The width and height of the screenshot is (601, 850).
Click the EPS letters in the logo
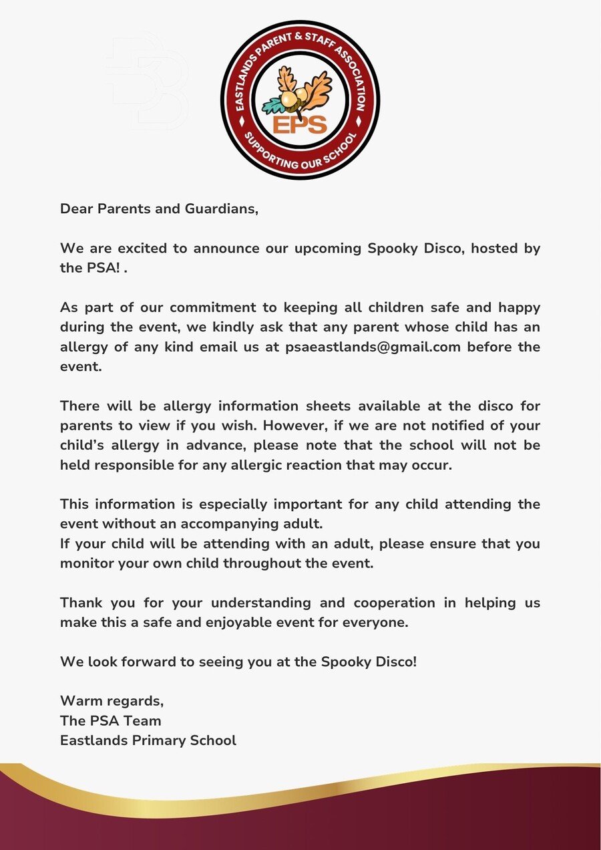(300, 124)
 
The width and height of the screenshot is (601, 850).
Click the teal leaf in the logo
(273, 105)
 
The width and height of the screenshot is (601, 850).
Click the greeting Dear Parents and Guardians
(159, 208)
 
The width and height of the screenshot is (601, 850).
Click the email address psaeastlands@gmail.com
(373, 347)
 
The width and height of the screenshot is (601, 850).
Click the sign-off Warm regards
(112, 701)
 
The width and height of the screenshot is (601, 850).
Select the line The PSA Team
(110, 720)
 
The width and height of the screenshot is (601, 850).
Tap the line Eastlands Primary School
(148, 740)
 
